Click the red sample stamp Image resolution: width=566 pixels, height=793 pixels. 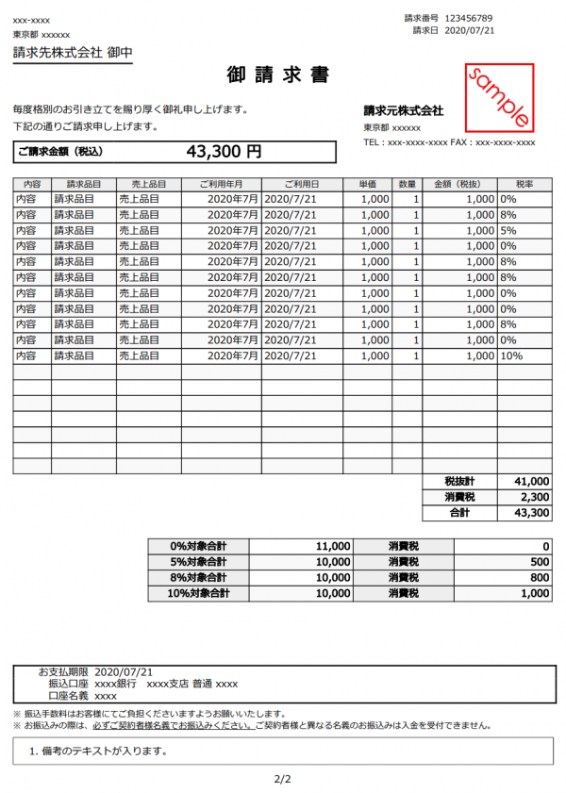(499, 98)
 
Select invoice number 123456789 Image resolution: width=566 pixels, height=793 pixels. (482, 18)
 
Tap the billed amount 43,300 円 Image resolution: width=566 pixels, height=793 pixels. (224, 151)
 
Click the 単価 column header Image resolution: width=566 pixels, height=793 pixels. (368, 184)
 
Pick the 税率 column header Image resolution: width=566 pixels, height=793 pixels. (524, 184)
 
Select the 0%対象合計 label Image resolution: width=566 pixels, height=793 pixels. (198, 546)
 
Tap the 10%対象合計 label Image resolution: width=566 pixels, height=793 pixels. (198, 594)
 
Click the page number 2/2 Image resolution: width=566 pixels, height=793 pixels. (282, 779)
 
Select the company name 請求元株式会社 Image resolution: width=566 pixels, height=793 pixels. (403, 111)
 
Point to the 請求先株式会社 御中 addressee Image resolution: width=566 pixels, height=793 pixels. (72, 53)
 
